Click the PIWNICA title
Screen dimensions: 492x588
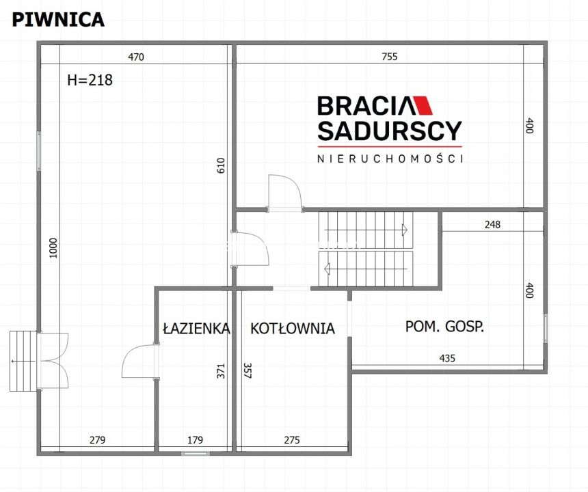58,19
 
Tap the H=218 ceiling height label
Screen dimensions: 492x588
90,80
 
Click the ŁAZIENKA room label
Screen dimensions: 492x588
196,329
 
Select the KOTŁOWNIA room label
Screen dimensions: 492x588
293,329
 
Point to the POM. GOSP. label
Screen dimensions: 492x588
444,327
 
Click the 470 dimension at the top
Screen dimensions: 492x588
136,57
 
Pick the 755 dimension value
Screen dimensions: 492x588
389,57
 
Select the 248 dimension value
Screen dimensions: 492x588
492,224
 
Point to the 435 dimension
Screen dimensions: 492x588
447,357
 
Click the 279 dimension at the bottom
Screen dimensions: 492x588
97,440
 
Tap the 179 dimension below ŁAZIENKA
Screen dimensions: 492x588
196,440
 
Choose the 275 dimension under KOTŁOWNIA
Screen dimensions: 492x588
291,440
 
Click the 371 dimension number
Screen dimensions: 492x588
220,371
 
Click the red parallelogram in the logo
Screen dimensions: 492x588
424,105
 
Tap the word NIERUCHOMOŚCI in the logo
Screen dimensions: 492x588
390,159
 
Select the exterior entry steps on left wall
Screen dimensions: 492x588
23,361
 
